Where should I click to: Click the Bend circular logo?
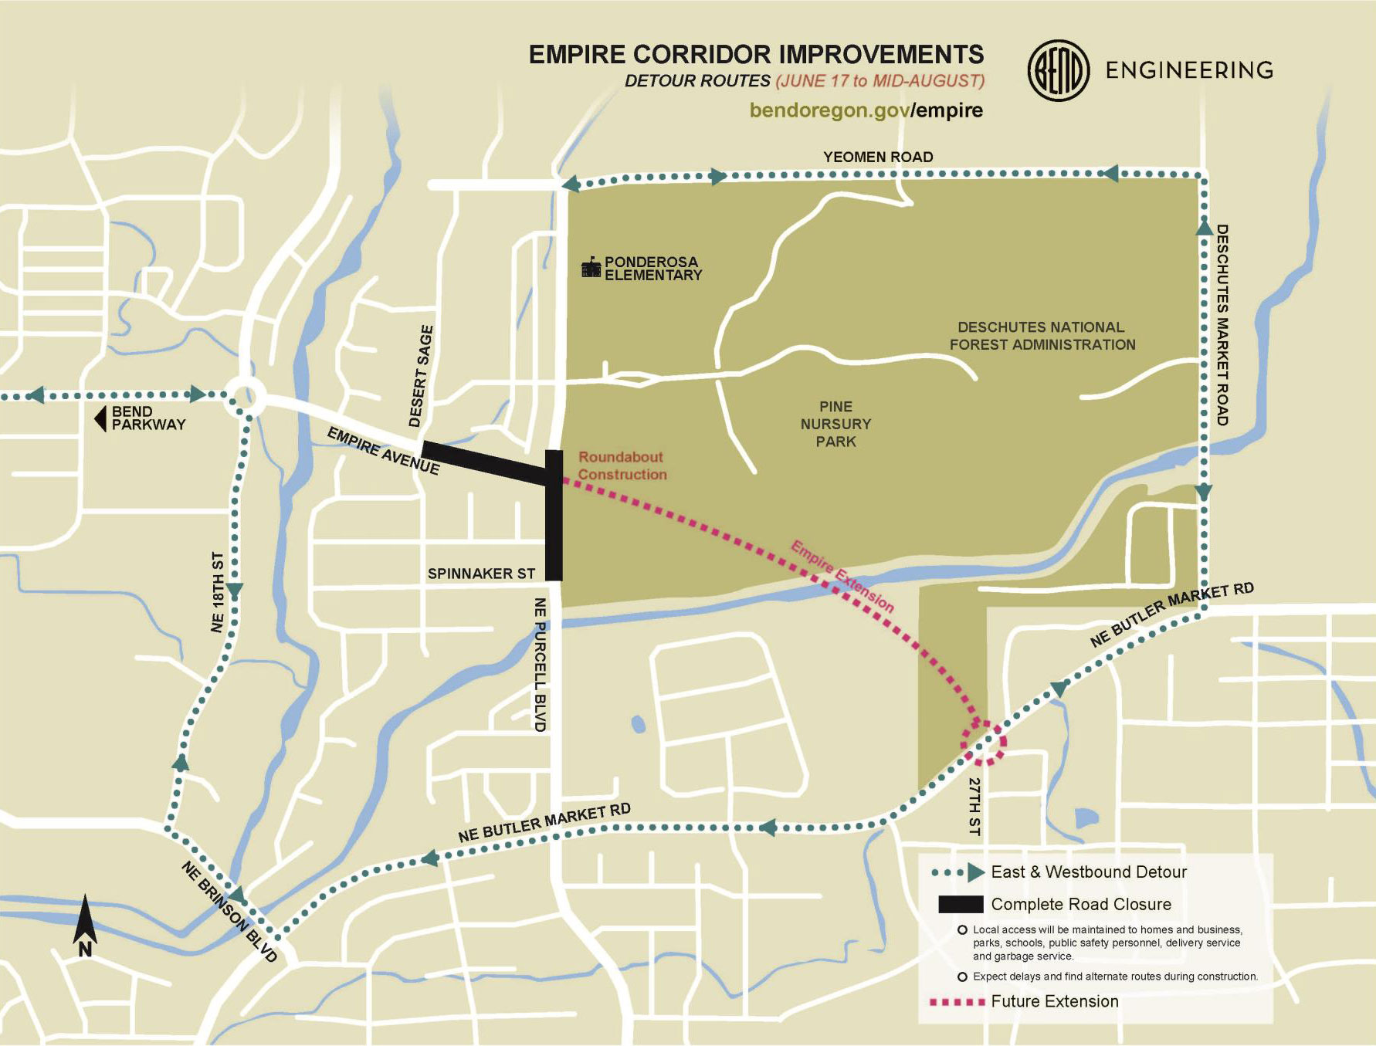click(1058, 70)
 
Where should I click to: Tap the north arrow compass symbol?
click(85, 926)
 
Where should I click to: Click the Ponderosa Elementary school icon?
click(591, 268)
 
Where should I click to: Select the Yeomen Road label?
click(878, 157)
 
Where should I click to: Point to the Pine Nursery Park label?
click(835, 424)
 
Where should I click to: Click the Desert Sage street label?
click(422, 376)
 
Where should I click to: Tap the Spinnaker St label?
click(481, 574)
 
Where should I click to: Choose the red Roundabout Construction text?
click(622, 466)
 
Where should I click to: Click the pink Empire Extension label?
click(842, 576)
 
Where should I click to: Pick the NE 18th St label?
click(218, 591)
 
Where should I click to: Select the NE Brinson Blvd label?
click(229, 912)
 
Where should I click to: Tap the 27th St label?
click(974, 806)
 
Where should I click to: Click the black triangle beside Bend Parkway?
click(100, 419)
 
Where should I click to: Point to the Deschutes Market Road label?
click(1222, 324)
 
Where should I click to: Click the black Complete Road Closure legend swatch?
click(960, 904)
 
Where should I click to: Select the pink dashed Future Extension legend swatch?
click(957, 1002)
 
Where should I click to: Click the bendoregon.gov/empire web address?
click(866, 110)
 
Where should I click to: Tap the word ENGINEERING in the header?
click(1189, 70)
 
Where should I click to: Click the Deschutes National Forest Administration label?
click(1042, 336)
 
